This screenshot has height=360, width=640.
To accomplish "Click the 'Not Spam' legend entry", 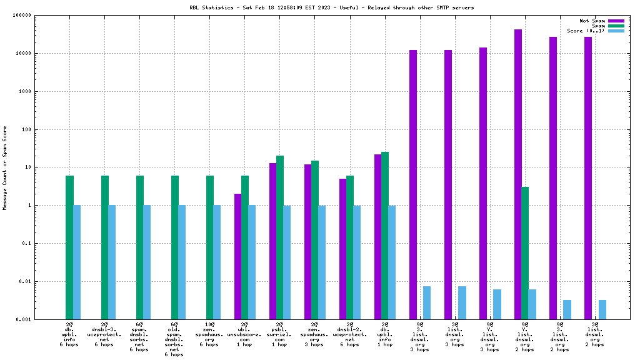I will [x=592, y=21].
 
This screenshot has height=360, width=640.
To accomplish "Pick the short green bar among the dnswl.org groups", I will [x=525, y=252].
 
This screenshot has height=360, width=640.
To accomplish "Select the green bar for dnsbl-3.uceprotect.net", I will [x=105, y=247].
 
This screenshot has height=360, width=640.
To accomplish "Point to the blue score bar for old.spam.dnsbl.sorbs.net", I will [x=182, y=262].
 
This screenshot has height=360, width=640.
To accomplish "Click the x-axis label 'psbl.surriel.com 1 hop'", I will [x=279, y=334].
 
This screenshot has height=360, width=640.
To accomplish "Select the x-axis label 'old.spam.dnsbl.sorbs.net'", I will [x=174, y=337].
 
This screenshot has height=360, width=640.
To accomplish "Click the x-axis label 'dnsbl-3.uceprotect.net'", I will [x=104, y=334].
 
